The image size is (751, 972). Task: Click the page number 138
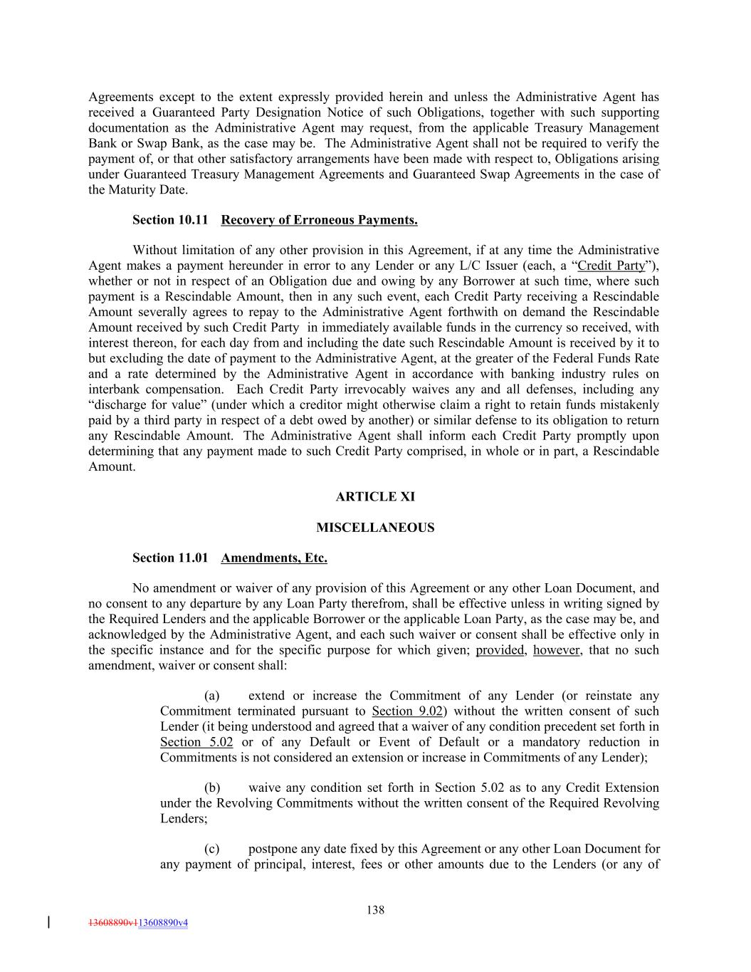(375, 909)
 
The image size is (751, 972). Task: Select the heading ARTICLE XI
(375, 497)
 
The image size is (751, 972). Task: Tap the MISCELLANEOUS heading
(375, 528)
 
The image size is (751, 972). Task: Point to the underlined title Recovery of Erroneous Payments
(319, 220)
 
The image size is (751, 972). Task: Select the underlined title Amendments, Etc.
(274, 558)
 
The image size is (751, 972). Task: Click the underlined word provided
(500, 650)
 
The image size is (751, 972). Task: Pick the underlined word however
(556, 650)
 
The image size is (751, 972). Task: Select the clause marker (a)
(211, 696)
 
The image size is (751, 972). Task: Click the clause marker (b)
(211, 788)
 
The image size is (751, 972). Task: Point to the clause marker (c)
(211, 849)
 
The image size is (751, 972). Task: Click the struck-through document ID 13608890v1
(112, 923)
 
